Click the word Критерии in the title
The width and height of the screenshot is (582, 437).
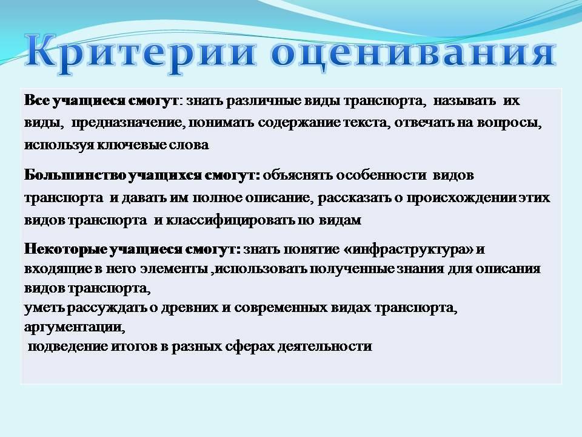(x=141, y=54)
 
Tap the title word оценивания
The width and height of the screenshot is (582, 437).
(x=413, y=54)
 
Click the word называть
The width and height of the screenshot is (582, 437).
(x=464, y=101)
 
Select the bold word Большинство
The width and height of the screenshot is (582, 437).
(x=75, y=175)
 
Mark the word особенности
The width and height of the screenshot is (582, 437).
(x=381, y=175)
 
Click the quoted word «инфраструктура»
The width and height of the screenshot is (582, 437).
(x=408, y=249)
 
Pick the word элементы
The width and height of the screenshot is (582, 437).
(x=174, y=269)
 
